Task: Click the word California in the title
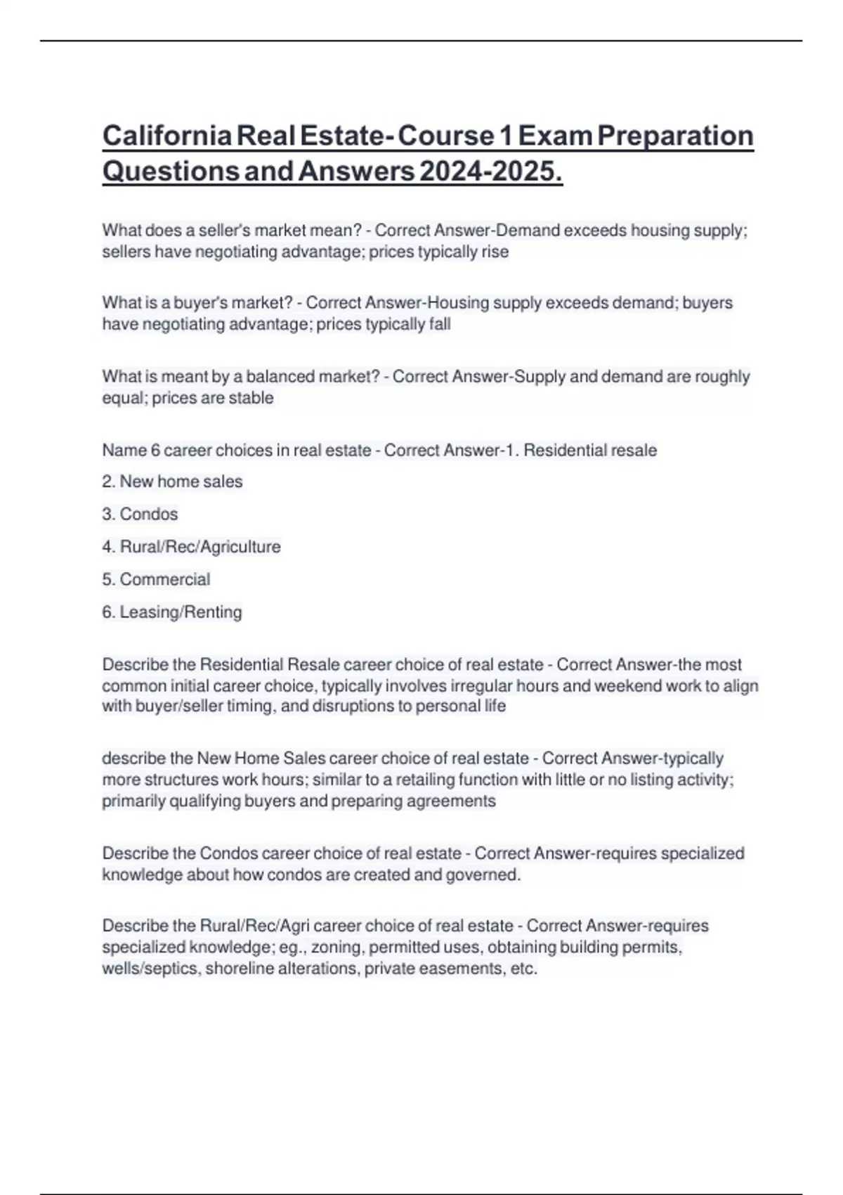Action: coord(166,136)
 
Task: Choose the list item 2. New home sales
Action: coord(172,482)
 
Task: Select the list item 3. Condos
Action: coord(140,515)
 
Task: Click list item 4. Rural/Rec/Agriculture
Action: coord(191,547)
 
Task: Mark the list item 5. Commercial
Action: coord(156,579)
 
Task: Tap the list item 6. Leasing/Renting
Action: coord(172,612)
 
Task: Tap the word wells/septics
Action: coord(151,969)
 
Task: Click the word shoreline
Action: coord(239,969)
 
